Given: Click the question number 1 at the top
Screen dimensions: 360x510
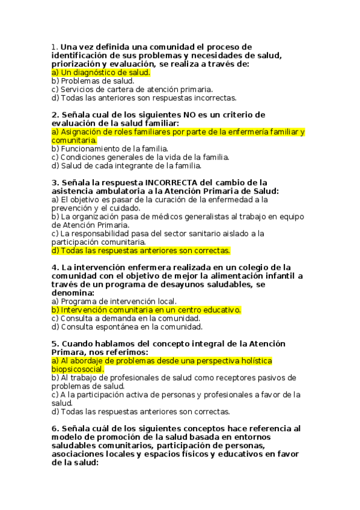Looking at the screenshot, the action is pyautogui.click(x=54, y=47).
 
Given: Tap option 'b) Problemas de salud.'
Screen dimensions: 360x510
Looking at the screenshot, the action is pyautogui.click(x=93, y=81).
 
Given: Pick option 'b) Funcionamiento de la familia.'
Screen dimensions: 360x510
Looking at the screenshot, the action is pyautogui.click(x=109, y=149).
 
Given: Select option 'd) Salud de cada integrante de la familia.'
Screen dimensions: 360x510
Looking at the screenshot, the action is pyautogui.click(x=126, y=165).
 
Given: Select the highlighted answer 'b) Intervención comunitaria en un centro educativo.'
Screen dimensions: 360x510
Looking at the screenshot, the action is pyautogui.click(x=147, y=310).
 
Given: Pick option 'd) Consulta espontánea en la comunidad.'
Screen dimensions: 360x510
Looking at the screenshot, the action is pyautogui.click(x=127, y=327).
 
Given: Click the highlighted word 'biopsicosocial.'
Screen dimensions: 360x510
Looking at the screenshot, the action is pyautogui.click(x=78, y=369).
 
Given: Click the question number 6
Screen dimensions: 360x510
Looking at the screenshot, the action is pyautogui.click(x=54, y=429).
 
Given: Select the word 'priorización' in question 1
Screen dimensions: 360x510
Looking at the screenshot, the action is pyautogui.click(x=76, y=64).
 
